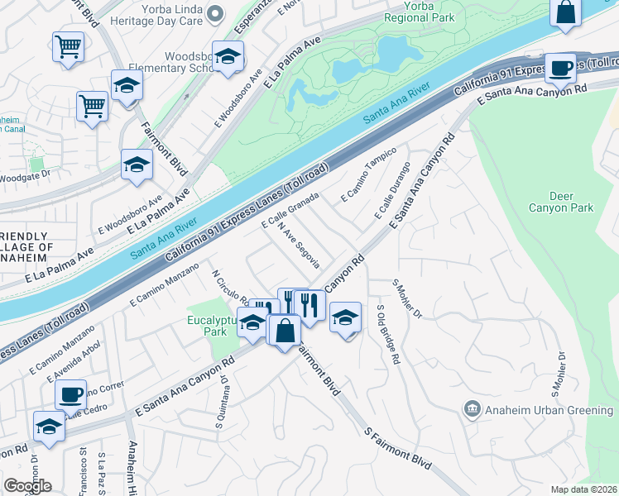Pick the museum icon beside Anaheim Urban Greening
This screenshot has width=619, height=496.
[472, 407]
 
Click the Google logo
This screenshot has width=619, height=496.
[27, 486]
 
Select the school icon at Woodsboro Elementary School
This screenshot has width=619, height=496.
[228, 56]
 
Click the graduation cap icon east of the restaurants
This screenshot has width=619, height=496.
[345, 317]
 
